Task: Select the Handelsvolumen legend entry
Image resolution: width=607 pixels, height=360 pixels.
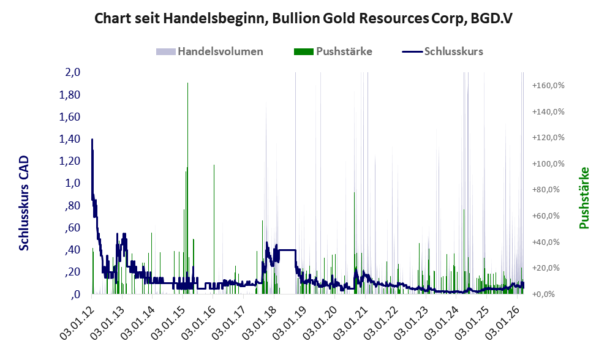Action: pos(209,51)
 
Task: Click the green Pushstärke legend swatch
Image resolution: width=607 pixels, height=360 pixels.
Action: pos(304,51)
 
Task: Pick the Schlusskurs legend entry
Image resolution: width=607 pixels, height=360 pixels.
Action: pos(442,51)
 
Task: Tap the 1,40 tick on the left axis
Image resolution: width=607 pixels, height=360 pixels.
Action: pos(69,138)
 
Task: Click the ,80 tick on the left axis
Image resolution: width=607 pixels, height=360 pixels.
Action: pos(71,205)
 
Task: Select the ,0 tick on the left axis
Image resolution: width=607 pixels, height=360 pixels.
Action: pos(75,294)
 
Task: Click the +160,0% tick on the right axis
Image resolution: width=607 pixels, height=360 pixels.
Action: pos(548,85)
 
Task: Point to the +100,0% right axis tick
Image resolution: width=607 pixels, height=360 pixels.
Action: pos(548,163)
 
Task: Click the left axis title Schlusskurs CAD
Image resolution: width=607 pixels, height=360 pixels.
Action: pos(24,203)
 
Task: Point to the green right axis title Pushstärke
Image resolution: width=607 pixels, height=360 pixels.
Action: pos(584,198)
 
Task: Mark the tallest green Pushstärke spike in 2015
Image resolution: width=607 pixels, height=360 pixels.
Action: pos(188,188)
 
